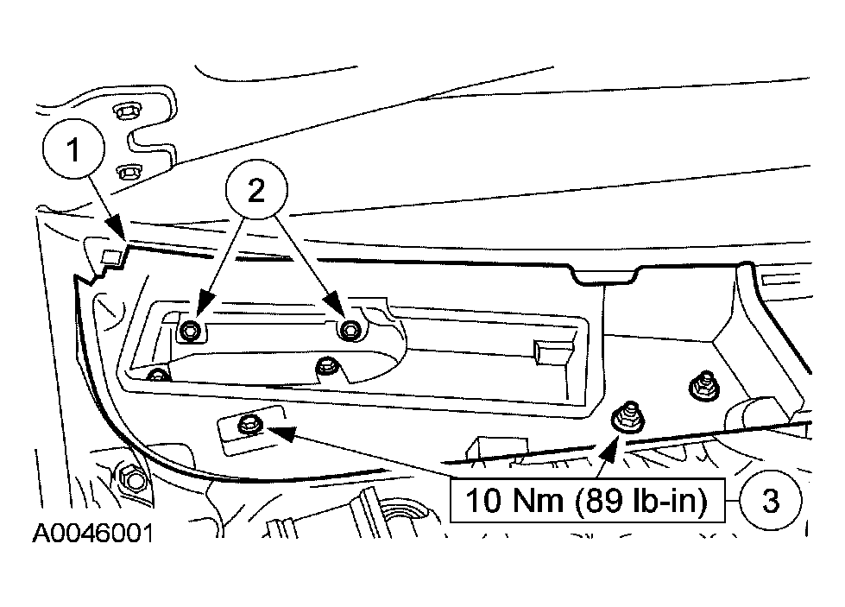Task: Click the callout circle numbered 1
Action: click(x=74, y=149)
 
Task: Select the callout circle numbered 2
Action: click(x=256, y=189)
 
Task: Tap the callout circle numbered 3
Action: click(x=771, y=500)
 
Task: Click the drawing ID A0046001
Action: click(x=93, y=534)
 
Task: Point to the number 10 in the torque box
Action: click(x=482, y=500)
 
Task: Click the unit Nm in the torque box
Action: click(x=537, y=500)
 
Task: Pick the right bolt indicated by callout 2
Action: click(x=350, y=329)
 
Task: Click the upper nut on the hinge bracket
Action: click(x=125, y=111)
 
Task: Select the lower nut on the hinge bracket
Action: click(x=128, y=173)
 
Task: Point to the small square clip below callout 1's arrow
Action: click(x=111, y=257)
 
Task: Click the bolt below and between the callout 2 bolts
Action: click(x=327, y=367)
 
